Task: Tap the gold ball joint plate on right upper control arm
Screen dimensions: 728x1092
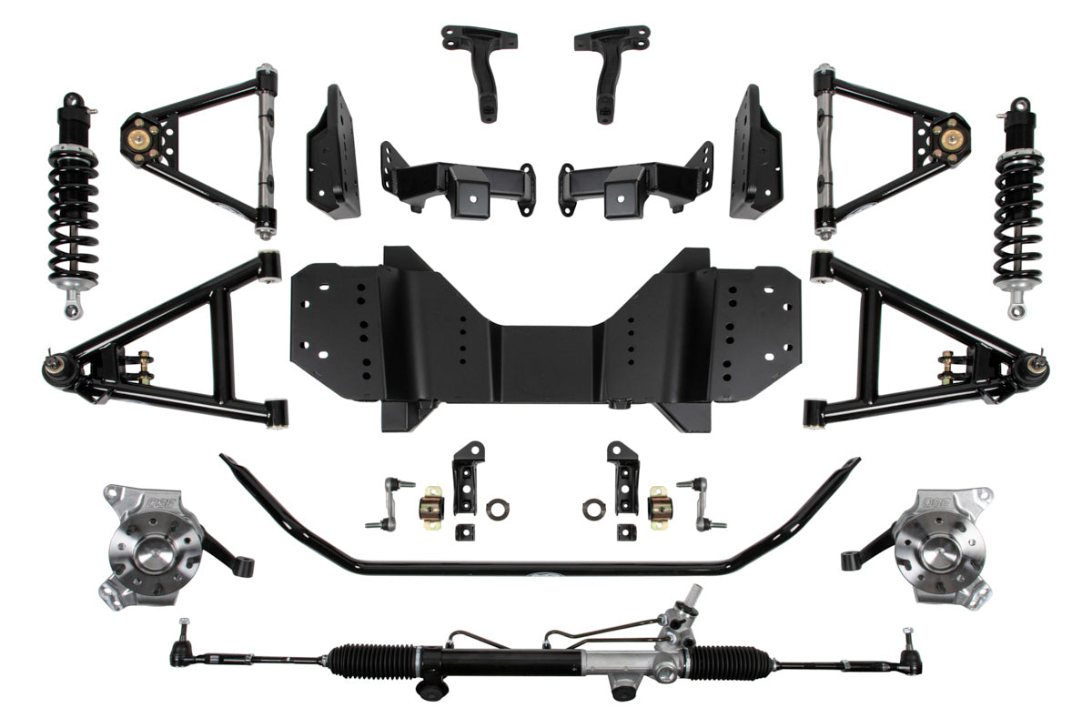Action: pyautogui.click(x=952, y=141)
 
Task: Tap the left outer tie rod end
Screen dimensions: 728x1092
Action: pyautogui.click(x=181, y=649)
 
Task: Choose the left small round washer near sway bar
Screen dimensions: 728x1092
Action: pyautogui.click(x=497, y=510)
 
